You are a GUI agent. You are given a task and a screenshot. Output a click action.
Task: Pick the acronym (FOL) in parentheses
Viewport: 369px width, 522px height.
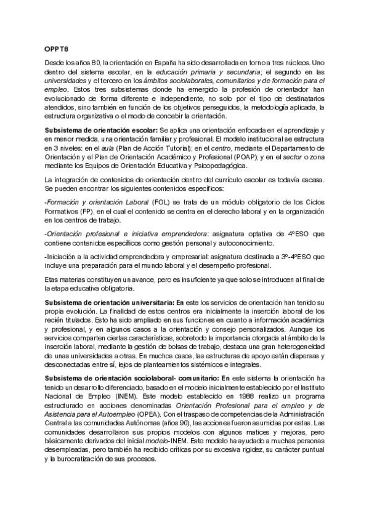click(160, 203)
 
